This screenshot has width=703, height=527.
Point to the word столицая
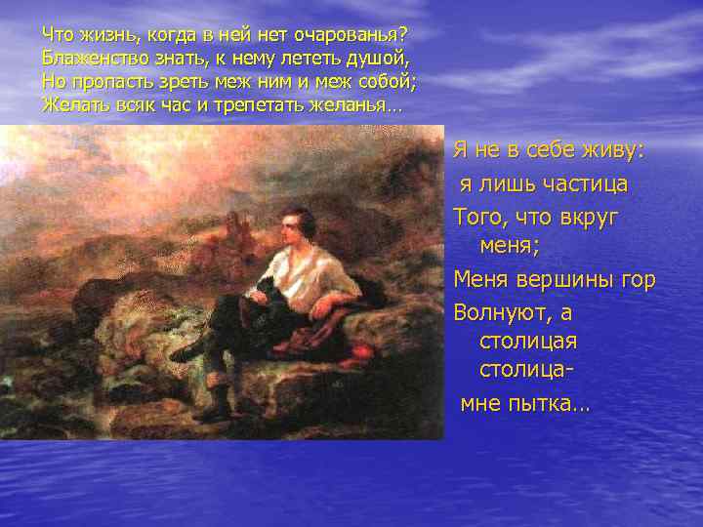click(x=528, y=343)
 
